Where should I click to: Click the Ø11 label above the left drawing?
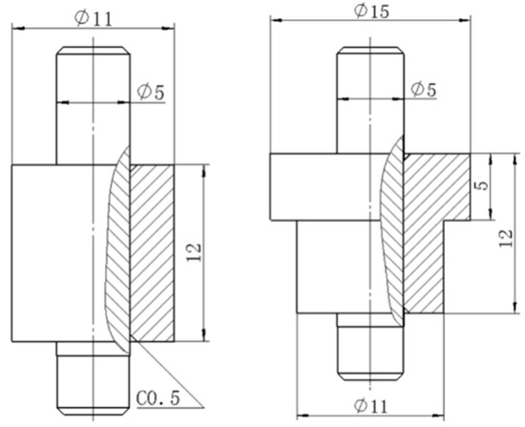[93, 18]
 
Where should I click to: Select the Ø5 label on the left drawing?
[151, 92]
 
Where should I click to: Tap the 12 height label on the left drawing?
[194, 252]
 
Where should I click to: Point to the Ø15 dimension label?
[371, 11]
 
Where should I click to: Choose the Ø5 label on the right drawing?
[424, 89]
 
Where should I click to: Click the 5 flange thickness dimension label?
[482, 185]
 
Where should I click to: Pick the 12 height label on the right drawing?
[506, 238]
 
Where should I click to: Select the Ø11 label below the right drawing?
[370, 406]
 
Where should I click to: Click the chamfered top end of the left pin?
[94, 51]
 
